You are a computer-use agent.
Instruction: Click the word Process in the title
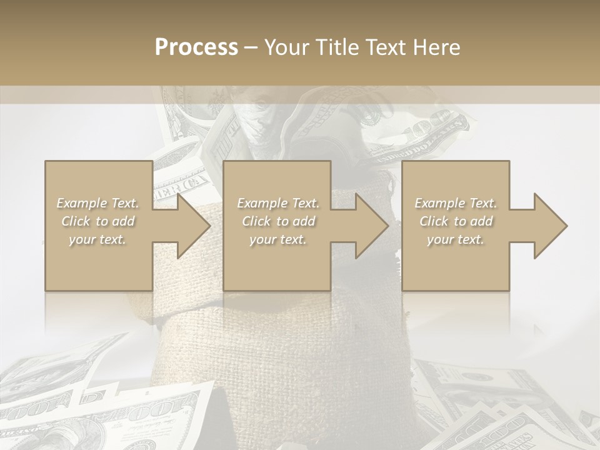coord(196,47)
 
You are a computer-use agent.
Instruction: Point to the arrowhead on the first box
coord(190,226)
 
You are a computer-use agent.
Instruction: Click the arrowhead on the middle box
coord(368,226)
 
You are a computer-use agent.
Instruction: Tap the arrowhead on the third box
coord(547,226)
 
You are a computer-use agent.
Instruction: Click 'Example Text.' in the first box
coord(98,203)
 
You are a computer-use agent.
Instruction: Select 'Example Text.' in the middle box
coord(278,203)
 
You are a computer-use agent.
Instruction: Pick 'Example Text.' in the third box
coord(456,203)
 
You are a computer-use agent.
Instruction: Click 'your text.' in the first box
coord(98,239)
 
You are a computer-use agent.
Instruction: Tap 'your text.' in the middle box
coord(278,239)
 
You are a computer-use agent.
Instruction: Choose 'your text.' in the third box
coord(456,239)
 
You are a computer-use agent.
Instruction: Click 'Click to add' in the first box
coord(98,221)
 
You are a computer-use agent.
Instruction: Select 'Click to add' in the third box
coord(456,221)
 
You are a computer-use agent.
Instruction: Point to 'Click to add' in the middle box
coord(278,221)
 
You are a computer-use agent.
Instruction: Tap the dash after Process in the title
coord(251,47)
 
